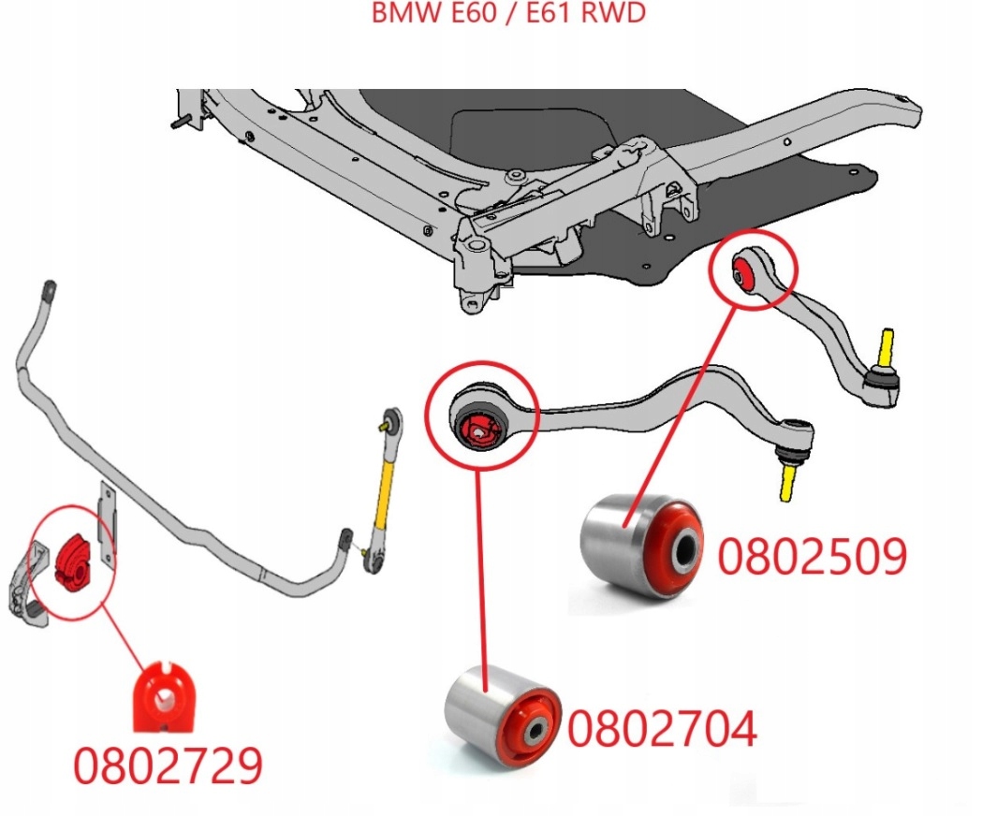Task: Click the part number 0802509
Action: click(812, 556)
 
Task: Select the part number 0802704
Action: click(661, 729)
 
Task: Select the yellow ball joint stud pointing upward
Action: click(887, 346)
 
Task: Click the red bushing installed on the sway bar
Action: click(71, 561)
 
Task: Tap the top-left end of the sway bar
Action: click(49, 287)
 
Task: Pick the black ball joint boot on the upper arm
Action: click(881, 379)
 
